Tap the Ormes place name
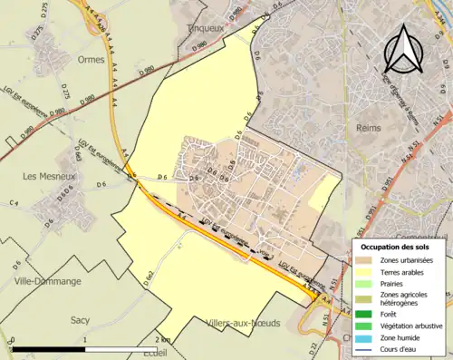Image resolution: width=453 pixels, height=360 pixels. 92,61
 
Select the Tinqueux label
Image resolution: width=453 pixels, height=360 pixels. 205,28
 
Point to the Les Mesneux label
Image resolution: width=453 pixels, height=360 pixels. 40,177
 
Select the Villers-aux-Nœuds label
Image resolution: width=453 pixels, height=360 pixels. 241,323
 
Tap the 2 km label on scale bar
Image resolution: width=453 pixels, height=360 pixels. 163,339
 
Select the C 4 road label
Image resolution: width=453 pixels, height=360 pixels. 14,201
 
